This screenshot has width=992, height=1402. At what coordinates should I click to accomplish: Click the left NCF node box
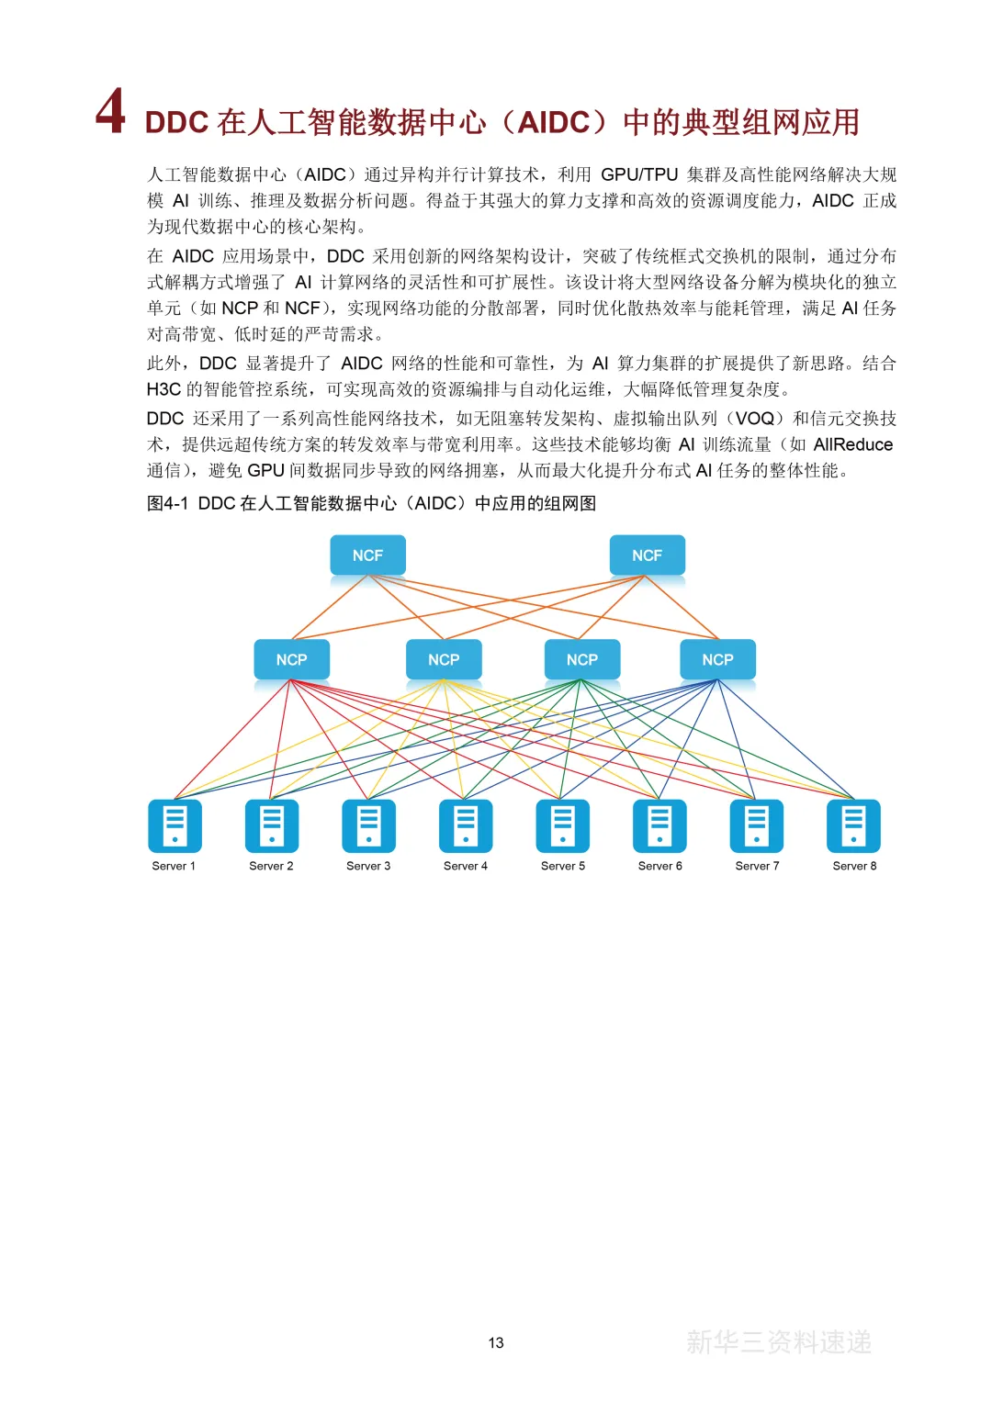pyautogui.click(x=367, y=555)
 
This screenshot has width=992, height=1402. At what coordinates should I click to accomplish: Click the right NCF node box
pyautogui.click(x=647, y=555)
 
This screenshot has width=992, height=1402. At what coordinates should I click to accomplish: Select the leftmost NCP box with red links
pyautogui.click(x=291, y=659)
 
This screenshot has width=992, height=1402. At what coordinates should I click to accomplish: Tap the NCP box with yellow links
pyautogui.click(x=444, y=659)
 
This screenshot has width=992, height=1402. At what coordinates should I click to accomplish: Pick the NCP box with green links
pyautogui.click(x=581, y=659)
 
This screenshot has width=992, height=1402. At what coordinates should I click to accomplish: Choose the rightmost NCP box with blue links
pyautogui.click(x=717, y=659)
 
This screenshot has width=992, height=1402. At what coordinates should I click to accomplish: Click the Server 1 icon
pyautogui.click(x=175, y=825)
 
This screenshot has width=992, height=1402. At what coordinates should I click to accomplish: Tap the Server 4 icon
pyautogui.click(x=466, y=825)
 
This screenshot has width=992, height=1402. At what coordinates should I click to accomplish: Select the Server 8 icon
pyautogui.click(x=853, y=825)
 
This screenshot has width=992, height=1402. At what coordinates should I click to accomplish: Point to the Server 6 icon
pyautogui.click(x=659, y=825)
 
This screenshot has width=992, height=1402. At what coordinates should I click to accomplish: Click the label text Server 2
pyautogui.click(x=271, y=866)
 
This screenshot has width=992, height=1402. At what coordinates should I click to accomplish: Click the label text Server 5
pyautogui.click(x=562, y=866)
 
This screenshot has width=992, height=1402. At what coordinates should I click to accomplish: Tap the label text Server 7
pyautogui.click(x=757, y=866)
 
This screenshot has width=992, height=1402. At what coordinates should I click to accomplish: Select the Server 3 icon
pyautogui.click(x=368, y=825)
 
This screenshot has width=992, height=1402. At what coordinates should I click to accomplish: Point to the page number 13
pyautogui.click(x=496, y=1342)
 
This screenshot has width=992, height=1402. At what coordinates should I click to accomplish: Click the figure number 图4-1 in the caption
pyautogui.click(x=167, y=503)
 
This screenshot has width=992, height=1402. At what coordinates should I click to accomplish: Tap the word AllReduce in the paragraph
pyautogui.click(x=852, y=444)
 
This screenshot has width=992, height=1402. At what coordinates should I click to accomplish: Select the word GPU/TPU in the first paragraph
pyautogui.click(x=639, y=174)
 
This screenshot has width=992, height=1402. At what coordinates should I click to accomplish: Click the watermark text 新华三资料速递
pyautogui.click(x=778, y=1342)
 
